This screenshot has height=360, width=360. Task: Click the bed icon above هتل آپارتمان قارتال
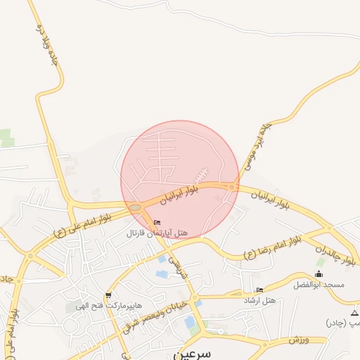[x=156, y=223]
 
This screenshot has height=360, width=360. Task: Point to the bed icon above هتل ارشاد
[x=259, y=290]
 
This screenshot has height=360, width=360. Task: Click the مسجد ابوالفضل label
[x=319, y=285]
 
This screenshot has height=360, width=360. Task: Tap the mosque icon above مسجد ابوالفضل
[x=319, y=274]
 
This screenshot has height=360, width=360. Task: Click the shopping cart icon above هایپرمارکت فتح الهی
[x=108, y=295]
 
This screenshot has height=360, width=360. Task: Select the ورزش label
[x=299, y=340]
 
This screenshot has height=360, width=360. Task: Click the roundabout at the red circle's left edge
[x=135, y=207]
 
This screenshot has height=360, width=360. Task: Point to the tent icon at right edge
[x=354, y=312]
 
